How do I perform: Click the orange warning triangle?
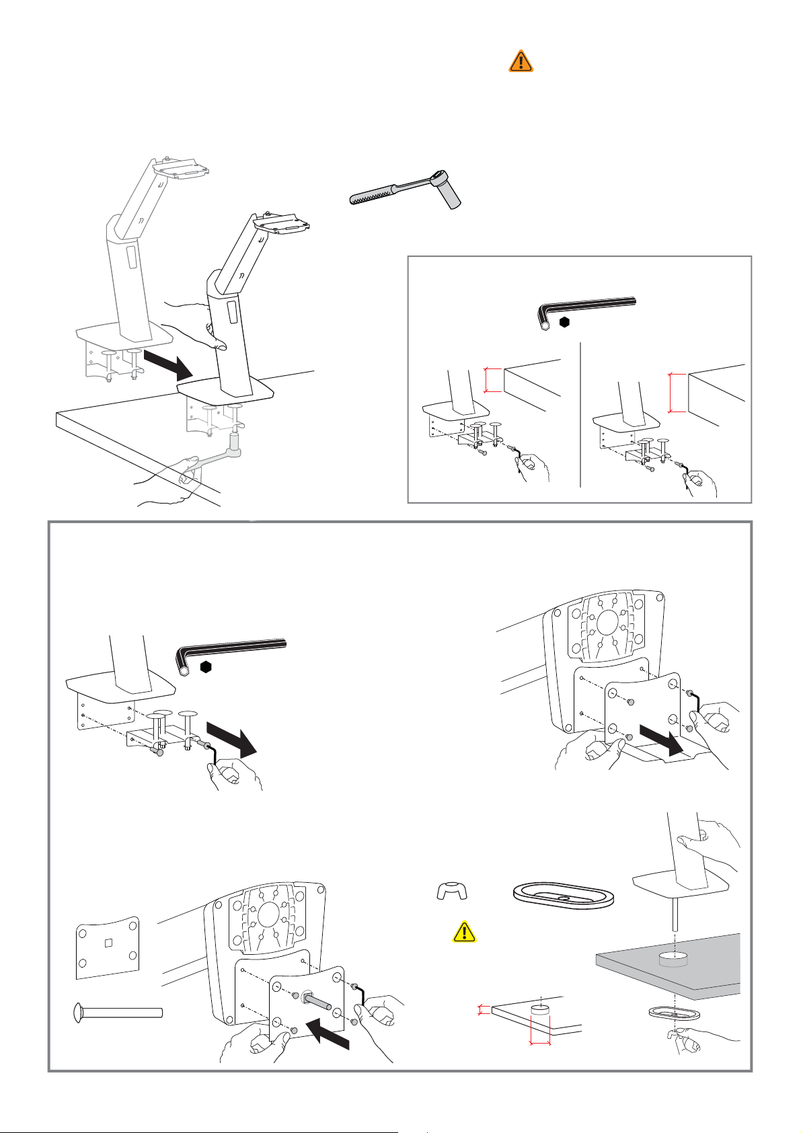tap(521, 61)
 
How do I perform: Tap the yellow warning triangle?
tap(465, 931)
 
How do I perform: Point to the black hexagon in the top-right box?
tap(565, 322)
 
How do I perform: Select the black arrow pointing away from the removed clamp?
tap(230, 738)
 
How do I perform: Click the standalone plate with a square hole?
tap(108, 947)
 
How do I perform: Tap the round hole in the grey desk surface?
tap(673, 958)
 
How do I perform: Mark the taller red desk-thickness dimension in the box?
tap(671, 391)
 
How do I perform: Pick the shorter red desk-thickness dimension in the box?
tap(486, 379)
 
